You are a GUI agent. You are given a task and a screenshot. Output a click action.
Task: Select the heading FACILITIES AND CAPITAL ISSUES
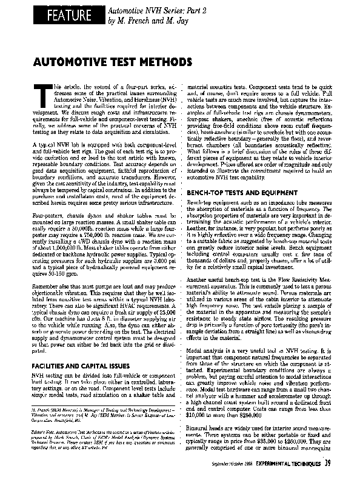click(80, 367)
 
